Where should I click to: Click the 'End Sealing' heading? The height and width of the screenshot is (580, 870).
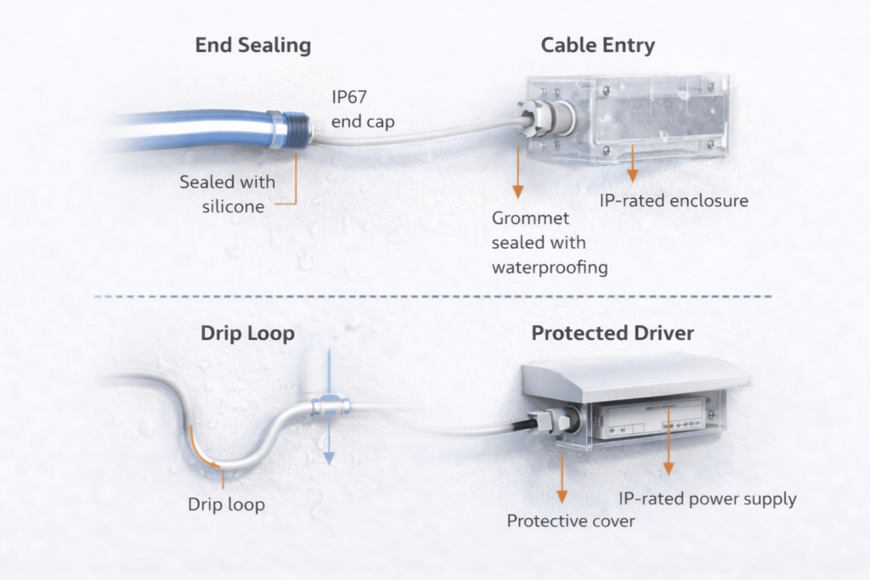click(252, 45)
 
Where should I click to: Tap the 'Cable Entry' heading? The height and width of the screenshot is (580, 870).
click(597, 45)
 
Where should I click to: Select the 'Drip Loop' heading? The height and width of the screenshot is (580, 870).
click(247, 333)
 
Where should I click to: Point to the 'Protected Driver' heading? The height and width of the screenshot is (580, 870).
click(612, 333)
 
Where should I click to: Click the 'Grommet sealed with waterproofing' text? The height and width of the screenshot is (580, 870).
click(550, 243)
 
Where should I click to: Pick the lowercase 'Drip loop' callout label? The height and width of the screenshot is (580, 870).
click(226, 504)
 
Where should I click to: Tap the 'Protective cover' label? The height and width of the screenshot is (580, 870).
click(570, 521)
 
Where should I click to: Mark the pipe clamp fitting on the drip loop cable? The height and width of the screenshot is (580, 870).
click(328, 407)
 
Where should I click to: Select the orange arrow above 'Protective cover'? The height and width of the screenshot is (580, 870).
click(562, 480)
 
